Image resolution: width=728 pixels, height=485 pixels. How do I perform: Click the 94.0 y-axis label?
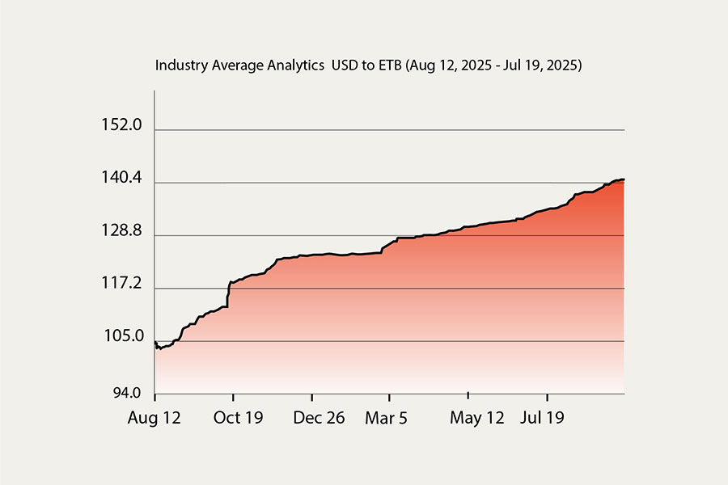coord(125,394)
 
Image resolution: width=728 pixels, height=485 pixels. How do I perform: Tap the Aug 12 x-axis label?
coord(154,418)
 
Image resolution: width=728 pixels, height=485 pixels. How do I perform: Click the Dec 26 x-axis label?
coord(319,418)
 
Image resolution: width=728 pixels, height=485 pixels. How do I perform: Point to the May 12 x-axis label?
coord(476,418)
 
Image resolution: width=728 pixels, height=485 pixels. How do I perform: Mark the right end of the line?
coord(624,179)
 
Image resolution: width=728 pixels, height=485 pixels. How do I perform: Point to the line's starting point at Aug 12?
coord(154,343)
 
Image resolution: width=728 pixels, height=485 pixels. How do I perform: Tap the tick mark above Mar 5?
coord(390,398)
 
